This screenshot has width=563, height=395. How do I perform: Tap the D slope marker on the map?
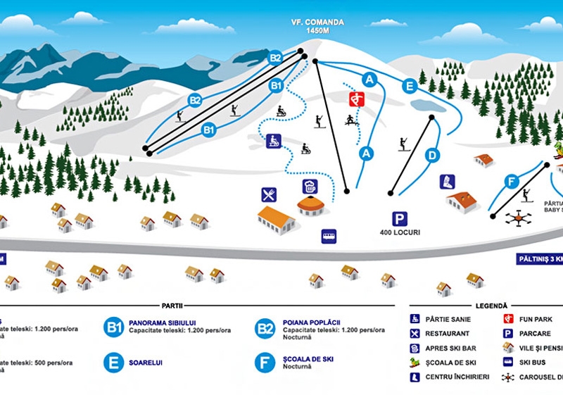pos(433,155)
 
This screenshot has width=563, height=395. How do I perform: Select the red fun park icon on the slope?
pos(357,99)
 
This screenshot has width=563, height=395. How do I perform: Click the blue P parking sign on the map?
pos(400,218)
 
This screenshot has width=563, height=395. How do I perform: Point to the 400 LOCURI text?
pos(400,232)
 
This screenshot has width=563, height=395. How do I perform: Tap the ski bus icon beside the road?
pos(329,236)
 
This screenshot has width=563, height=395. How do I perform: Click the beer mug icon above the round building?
pos(310,187)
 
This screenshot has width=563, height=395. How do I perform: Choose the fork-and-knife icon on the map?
pos(269,194)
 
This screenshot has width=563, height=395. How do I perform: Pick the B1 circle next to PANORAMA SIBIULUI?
pos(113,327)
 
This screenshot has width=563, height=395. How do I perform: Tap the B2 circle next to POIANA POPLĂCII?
pos(265,327)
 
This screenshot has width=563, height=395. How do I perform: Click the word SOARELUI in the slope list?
pos(146,363)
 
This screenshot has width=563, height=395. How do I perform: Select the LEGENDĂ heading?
pos(491,306)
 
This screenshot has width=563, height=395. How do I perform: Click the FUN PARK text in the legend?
pos(537,319)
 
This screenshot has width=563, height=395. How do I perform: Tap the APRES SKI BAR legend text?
pos(453,348)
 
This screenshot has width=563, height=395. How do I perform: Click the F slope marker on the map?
pos(512,182)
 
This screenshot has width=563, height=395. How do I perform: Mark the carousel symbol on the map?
pos(517,218)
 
